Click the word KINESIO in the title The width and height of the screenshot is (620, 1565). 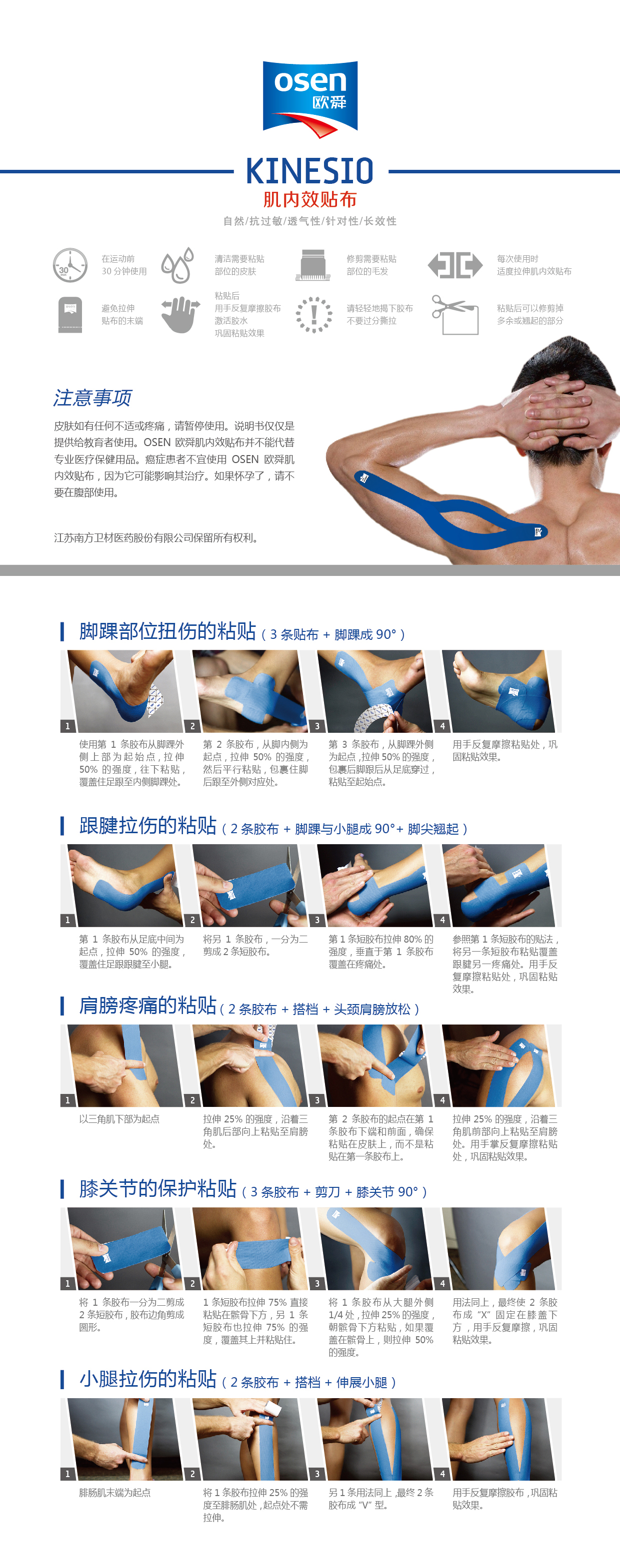click(x=310, y=171)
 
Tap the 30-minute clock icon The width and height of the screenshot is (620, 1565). click(x=70, y=265)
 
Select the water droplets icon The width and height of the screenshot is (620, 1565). click(x=177, y=265)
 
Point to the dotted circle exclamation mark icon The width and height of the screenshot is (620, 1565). click(x=313, y=315)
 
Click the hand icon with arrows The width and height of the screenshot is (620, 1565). click(x=180, y=314)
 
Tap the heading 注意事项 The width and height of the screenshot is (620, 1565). click(x=92, y=398)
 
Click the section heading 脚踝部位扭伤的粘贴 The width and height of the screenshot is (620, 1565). click(x=168, y=631)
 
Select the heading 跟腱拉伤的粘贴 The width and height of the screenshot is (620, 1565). click(x=147, y=826)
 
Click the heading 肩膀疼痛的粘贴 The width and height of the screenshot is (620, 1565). click(x=147, y=1006)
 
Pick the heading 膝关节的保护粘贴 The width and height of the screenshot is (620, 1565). click(x=158, y=1188)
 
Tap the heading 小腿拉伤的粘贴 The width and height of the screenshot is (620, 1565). click(x=147, y=1379)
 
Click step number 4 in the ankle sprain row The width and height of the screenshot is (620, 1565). click(x=442, y=726)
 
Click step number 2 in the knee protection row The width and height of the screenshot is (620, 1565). click(x=192, y=1284)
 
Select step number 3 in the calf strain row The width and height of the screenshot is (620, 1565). click(x=317, y=1474)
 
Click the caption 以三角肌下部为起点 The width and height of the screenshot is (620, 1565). click(x=119, y=1119)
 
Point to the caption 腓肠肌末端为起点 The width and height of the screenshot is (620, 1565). click(x=115, y=1493)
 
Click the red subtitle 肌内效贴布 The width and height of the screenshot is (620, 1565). click(x=310, y=199)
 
